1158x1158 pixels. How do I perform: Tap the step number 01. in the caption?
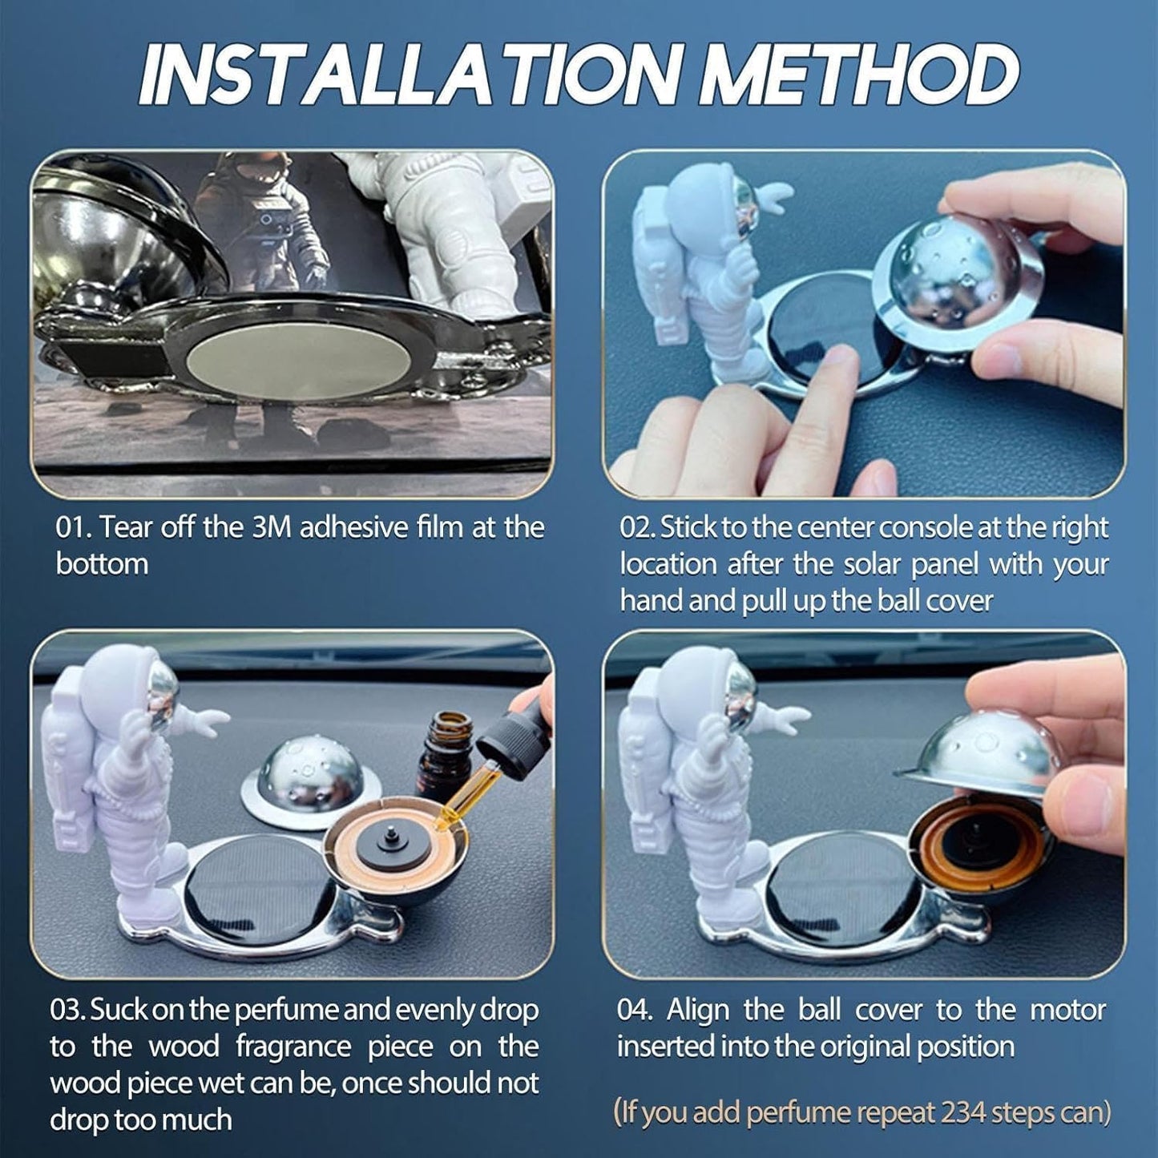click(75, 527)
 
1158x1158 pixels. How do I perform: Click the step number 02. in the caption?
click(638, 527)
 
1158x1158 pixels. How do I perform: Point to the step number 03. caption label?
click(67, 1010)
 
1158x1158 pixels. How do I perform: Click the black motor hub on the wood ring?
click(393, 844)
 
